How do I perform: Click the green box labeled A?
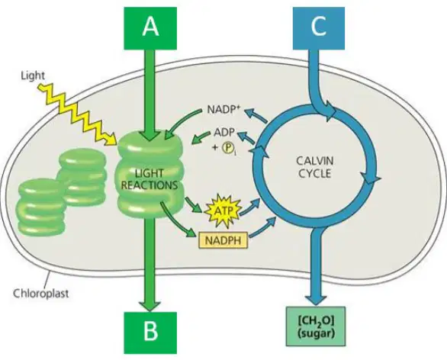[x=150, y=28]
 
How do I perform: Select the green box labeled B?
[x=150, y=333]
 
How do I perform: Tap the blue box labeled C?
[x=319, y=28]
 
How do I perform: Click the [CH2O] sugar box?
[x=316, y=326]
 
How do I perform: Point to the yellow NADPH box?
[x=223, y=240]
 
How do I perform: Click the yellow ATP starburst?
[x=223, y=211]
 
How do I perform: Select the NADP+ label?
[x=223, y=110]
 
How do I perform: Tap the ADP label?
[x=224, y=132]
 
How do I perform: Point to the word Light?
[x=33, y=76]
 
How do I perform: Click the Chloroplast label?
[x=41, y=293]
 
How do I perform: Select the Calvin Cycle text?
[x=315, y=167]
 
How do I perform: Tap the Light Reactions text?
[x=150, y=179]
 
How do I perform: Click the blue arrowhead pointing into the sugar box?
[x=316, y=301]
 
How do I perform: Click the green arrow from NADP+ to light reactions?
[x=184, y=124]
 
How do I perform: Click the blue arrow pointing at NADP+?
[x=256, y=116]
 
